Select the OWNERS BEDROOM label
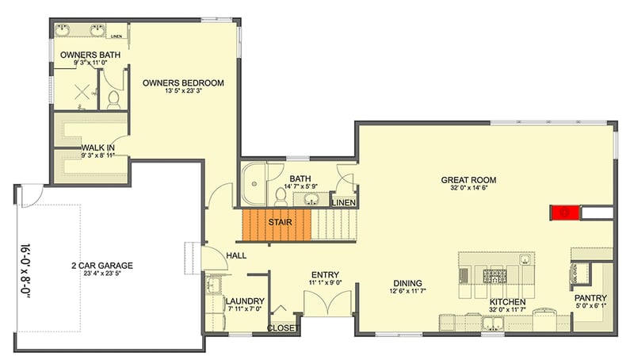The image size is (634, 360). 183,82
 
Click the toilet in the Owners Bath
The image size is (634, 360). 113,99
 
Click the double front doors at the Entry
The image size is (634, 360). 324,304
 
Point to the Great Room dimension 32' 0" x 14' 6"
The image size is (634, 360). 475,189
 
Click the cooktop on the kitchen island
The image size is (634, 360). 495,276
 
